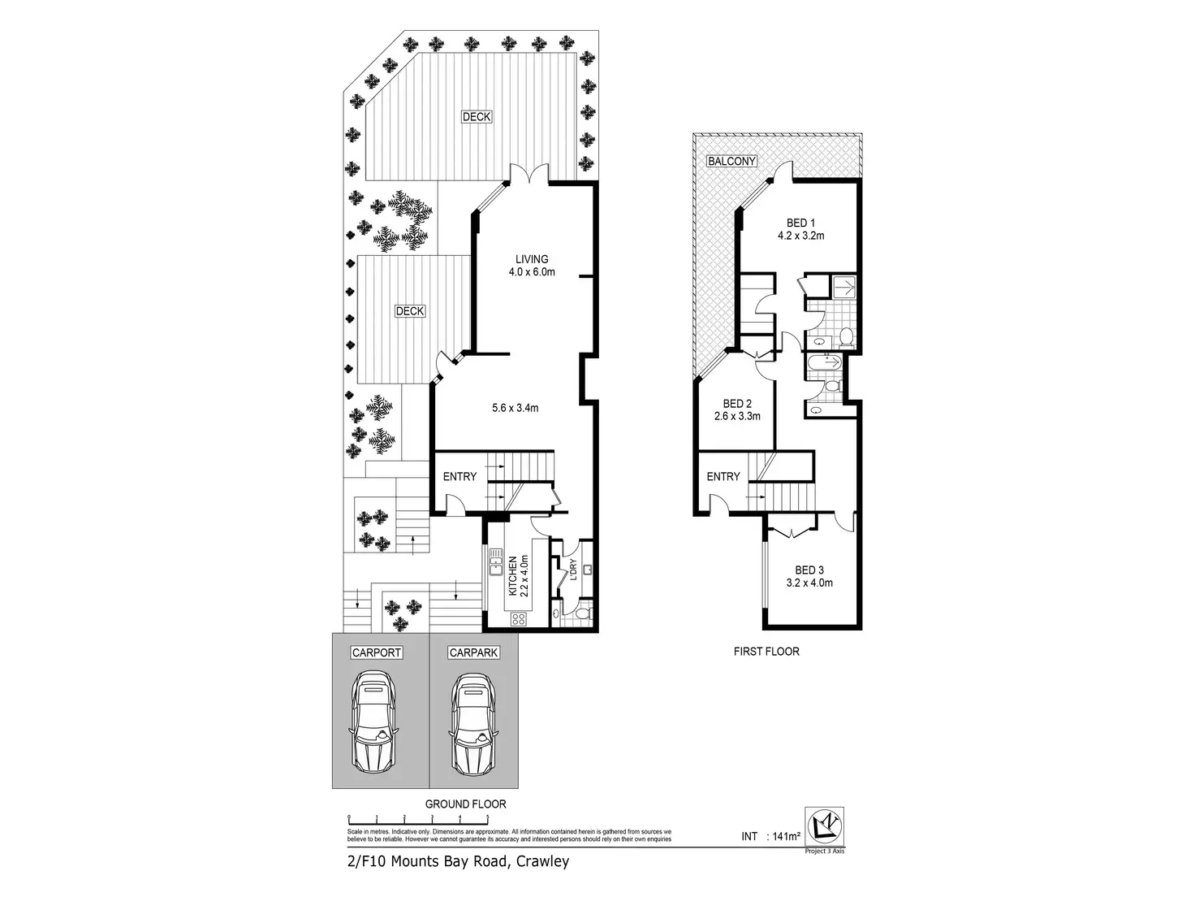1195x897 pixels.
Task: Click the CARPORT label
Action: click(377, 652)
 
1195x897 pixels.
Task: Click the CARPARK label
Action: click(473, 652)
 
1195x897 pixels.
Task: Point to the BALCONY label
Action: click(731, 162)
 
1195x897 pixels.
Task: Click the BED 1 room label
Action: click(800, 223)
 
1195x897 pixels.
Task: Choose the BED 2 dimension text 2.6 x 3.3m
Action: click(737, 417)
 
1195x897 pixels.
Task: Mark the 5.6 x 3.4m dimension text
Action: click(515, 408)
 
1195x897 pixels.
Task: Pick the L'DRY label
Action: click(573, 571)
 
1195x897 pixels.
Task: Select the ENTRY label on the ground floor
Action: click(459, 476)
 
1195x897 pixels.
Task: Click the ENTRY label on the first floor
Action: click(723, 476)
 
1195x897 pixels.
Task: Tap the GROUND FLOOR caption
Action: click(465, 804)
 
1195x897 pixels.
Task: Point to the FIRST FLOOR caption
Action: click(766, 651)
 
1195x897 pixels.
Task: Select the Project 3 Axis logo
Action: click(823, 830)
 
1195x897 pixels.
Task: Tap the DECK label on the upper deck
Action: click(477, 117)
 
